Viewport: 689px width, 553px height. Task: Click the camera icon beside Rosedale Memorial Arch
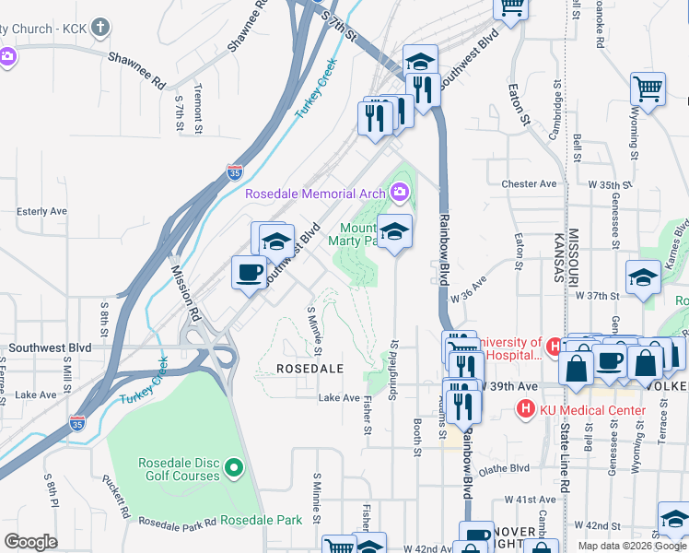tap(400, 193)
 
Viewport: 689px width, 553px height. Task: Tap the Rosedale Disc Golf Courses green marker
tap(233, 469)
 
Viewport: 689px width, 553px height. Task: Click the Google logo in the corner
tap(30, 542)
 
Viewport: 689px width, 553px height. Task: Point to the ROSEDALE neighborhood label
tap(309, 368)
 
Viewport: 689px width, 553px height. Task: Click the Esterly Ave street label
tap(42, 211)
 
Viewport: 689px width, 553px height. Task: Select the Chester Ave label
tap(530, 183)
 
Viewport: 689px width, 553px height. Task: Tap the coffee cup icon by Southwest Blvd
tap(249, 272)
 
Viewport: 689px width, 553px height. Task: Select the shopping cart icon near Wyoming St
tap(648, 89)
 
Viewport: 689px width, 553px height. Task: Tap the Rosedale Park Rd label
tap(178, 521)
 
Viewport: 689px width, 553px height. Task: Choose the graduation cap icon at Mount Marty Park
tap(394, 230)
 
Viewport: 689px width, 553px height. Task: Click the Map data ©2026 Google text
tap(631, 546)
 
